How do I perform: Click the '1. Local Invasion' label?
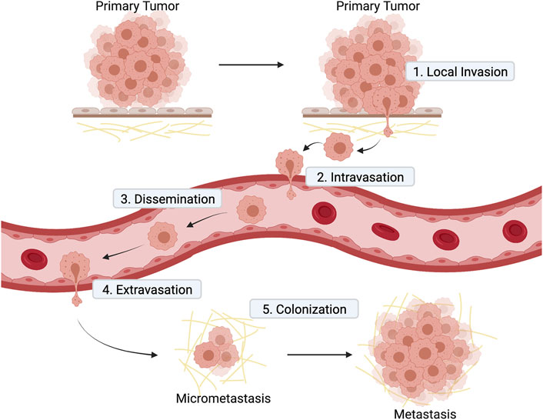[x=460, y=73]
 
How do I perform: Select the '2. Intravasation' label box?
[x=365, y=177]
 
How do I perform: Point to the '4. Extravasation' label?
[x=146, y=290]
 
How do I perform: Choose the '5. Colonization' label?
[x=305, y=309]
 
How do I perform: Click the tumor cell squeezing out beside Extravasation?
[x=77, y=271]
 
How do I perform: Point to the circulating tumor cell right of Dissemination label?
[x=252, y=209]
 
